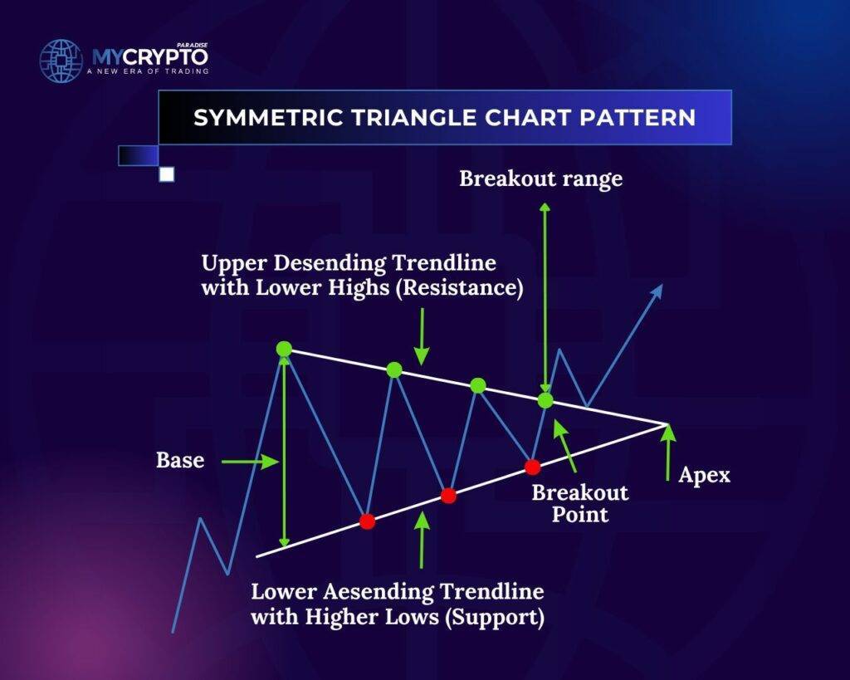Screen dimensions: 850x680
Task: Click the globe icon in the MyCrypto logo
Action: tap(61, 60)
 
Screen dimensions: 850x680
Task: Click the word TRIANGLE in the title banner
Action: tap(410, 118)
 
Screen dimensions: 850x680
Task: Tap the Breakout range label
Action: tap(540, 179)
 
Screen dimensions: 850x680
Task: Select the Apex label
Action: tap(704, 476)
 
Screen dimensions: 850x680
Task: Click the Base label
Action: tap(180, 460)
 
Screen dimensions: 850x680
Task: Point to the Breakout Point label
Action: tap(580, 503)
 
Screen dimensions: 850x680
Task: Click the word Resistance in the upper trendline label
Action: tap(459, 287)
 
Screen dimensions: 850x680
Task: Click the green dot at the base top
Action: tap(284, 349)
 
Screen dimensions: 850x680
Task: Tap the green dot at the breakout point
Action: tap(545, 401)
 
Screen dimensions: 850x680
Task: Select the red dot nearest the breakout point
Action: tap(532, 467)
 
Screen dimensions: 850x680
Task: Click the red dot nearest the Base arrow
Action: tap(367, 521)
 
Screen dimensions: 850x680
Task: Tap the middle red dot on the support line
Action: tap(448, 495)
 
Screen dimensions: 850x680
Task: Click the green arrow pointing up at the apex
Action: tap(668, 453)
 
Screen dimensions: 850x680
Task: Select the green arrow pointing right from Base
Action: tap(250, 462)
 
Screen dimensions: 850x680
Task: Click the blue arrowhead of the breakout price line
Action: tap(657, 291)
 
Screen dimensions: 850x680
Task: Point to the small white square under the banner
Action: tap(167, 174)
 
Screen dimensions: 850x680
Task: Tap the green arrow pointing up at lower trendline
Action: tap(421, 540)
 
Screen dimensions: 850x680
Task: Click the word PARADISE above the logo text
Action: tap(193, 46)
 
